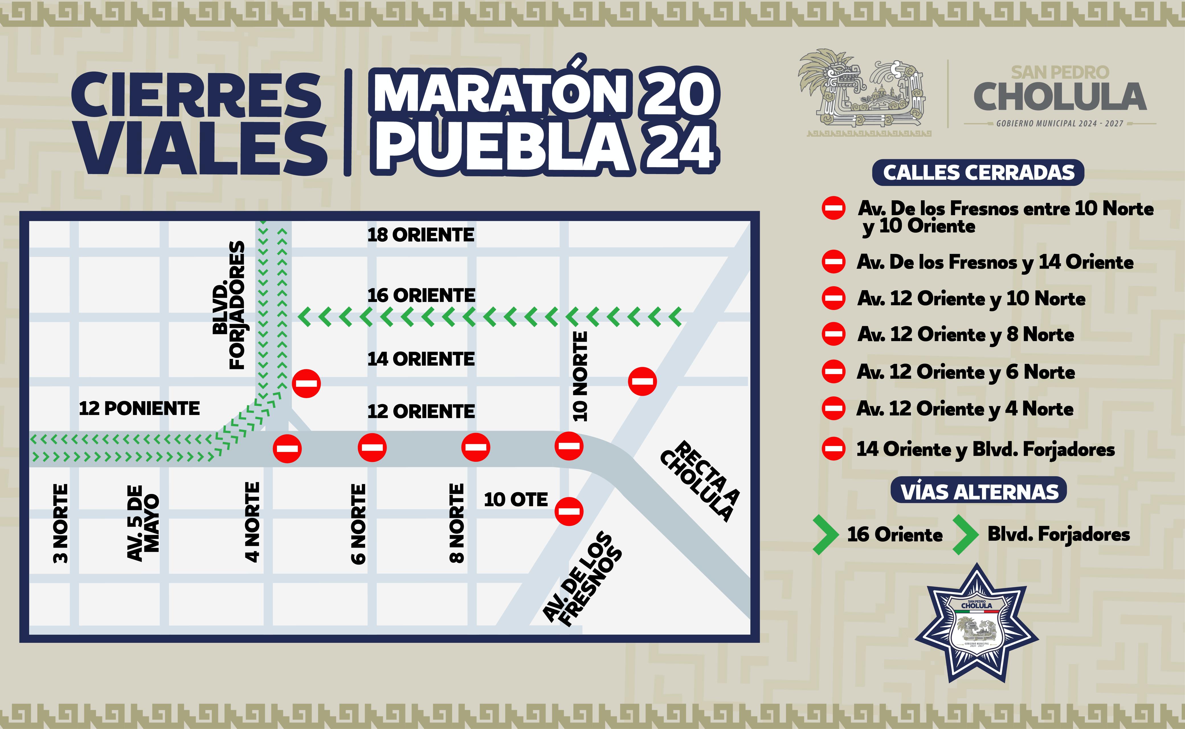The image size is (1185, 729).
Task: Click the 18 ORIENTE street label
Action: point(420,235)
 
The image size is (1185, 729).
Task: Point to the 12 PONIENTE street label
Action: point(139,408)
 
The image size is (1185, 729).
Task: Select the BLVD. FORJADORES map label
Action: point(229,305)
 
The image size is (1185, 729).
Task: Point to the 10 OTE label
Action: point(516,499)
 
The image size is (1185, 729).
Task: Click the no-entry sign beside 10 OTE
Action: point(569,511)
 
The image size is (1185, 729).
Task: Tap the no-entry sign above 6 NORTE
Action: point(372,447)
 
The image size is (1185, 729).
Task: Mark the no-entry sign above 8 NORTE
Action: point(475,447)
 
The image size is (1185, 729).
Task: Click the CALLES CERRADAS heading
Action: point(978,173)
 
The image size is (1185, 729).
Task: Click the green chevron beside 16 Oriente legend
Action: point(826,534)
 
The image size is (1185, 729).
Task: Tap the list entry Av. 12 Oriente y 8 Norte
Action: point(966,335)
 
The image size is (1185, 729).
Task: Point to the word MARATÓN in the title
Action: point(500,94)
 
